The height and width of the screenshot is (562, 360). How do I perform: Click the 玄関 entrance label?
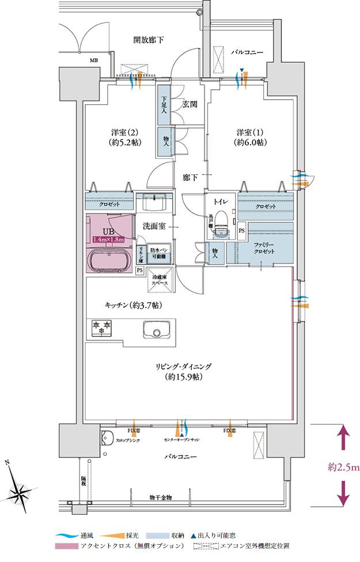pyautogui.click(x=190, y=104)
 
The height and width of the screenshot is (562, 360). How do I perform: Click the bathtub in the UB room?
pyautogui.click(x=109, y=260)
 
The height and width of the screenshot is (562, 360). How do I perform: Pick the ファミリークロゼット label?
pyautogui.click(x=266, y=248)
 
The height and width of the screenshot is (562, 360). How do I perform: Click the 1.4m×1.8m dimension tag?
pyautogui.click(x=109, y=239)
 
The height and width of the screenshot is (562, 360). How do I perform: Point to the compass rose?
pyautogui.click(x=20, y=490)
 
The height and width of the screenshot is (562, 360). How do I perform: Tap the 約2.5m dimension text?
pyautogui.click(x=343, y=467)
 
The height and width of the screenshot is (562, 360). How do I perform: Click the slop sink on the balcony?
pyautogui.click(x=106, y=437)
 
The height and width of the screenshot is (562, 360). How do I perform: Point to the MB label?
pyautogui.click(x=93, y=60)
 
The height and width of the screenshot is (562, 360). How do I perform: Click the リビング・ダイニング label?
pyautogui.click(x=183, y=366)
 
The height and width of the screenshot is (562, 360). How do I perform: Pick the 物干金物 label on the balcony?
pyautogui.click(x=161, y=496)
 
